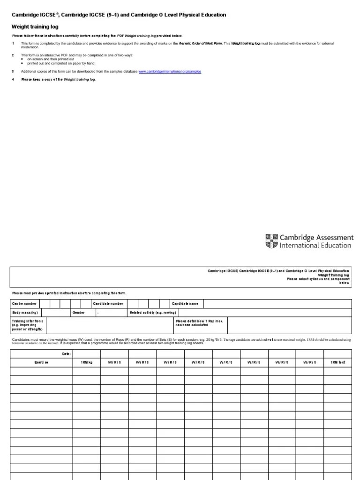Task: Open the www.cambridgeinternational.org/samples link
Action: coord(170,71)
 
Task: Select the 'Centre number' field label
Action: coord(24,304)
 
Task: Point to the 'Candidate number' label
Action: coord(108,304)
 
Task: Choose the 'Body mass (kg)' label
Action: coord(25,313)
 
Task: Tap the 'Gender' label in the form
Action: coord(78,313)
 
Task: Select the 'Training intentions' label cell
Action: coord(28,325)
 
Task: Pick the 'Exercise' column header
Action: coord(41,363)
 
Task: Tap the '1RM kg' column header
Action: coord(87,363)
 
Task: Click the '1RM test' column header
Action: coord(337,363)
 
